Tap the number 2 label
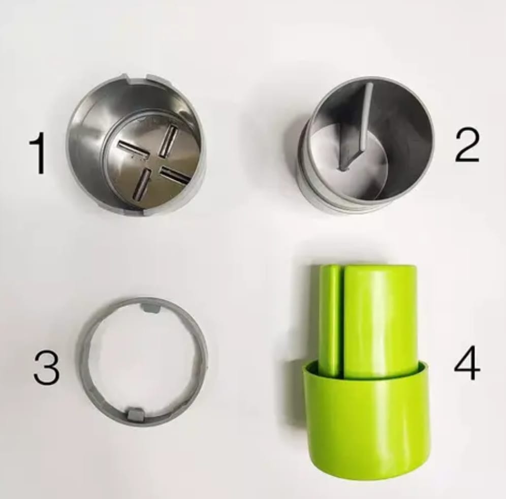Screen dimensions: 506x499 pyautogui.click(x=467, y=145)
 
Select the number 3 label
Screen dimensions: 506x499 pyautogui.click(x=46, y=368)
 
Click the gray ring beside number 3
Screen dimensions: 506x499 pyautogui.click(x=81, y=361)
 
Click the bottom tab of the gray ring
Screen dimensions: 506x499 pyautogui.click(x=135, y=415)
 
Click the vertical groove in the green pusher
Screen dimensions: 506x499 pyautogui.click(x=343, y=321)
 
